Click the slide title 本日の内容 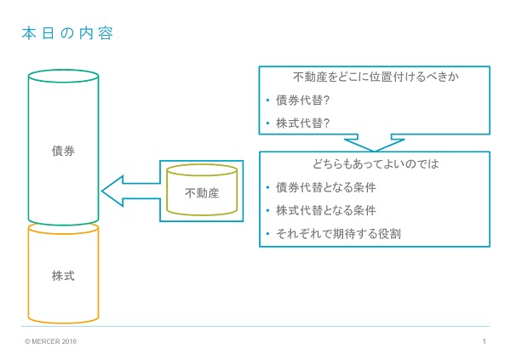click(67, 33)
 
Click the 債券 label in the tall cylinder click(63, 151)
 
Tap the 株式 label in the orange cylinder click(63, 276)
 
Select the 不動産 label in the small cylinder click(202, 193)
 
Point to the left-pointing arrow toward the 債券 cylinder click(130, 191)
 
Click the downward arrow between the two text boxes click(375, 143)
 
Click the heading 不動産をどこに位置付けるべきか click(376, 77)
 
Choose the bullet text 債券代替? click(302, 100)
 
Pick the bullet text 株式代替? click(302, 123)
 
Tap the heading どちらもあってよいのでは click(376, 163)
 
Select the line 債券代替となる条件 click(326, 187)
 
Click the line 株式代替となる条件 click(326, 210)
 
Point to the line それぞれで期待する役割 click(338, 233)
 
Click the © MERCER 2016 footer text click(50, 341)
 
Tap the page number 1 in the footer click(485, 341)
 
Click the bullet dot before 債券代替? click(267, 100)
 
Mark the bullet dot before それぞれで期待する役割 click(267, 233)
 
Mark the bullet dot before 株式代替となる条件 click(267, 210)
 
